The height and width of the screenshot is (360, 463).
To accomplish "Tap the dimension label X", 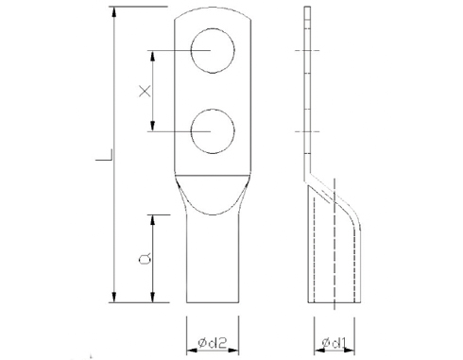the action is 145,92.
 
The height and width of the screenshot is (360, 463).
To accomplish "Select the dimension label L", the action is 105,156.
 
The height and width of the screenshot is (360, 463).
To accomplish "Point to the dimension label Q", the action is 145,259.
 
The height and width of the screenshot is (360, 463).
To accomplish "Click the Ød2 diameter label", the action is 213,343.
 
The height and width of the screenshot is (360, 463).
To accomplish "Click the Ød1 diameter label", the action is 334,343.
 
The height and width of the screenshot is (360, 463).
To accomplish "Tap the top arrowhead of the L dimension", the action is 114,11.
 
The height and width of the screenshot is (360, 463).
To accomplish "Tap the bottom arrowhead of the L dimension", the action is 114,297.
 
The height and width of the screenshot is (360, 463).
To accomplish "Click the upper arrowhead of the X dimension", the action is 153,56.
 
